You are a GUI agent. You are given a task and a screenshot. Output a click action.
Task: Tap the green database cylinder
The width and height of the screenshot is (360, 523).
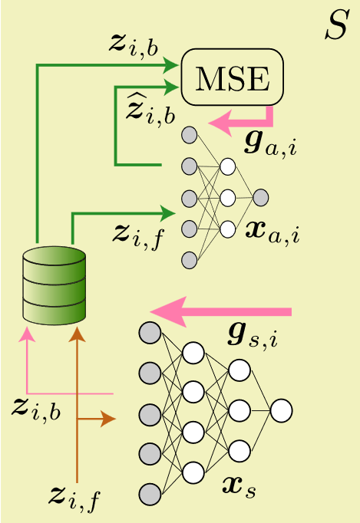click(x=54, y=285)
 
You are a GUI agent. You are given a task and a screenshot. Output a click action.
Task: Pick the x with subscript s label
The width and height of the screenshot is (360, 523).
click(x=239, y=484)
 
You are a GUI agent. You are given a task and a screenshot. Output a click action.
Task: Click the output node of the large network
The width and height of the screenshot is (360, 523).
click(x=281, y=410)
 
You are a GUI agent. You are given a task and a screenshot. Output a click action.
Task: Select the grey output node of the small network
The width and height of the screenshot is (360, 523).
click(x=260, y=198)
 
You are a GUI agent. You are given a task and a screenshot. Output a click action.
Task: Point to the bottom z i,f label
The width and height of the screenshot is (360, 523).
click(x=74, y=498)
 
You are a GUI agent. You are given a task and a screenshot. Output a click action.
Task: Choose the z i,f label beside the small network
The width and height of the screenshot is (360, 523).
click(x=137, y=233)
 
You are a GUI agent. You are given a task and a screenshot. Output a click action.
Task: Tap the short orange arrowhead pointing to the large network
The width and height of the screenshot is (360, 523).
click(x=109, y=419)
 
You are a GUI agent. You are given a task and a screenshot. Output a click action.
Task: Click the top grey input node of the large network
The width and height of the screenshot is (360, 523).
click(x=150, y=333)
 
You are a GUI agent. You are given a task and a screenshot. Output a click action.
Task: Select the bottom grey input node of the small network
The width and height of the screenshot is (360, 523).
click(x=190, y=260)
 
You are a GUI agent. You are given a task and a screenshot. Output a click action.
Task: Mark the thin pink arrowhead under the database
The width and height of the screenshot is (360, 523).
click(x=28, y=334)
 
